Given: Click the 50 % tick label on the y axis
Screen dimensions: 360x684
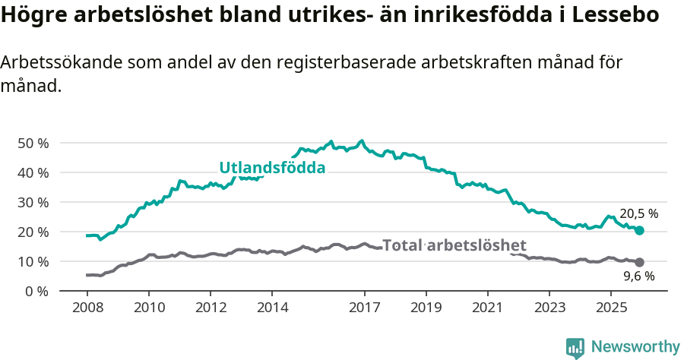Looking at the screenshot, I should pos(33,143).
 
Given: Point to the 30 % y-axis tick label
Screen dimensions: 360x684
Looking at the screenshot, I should pos(33,202).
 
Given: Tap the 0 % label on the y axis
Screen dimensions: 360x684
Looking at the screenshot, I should pos(36,291).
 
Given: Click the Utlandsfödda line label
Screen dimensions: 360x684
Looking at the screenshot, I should pos(272,168).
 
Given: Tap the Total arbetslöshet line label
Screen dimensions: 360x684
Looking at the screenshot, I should pos(454,245).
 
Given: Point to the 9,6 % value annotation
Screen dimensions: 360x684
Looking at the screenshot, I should pos(639,276).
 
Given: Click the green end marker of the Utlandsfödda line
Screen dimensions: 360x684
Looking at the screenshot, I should pos(639,230).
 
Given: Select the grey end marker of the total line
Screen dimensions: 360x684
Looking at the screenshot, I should pos(639,262).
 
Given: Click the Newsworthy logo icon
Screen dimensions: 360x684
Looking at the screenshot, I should pos(575,348).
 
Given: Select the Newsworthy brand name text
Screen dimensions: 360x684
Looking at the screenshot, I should pos(635,347).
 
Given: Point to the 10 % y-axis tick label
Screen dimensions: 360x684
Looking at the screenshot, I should pos(33,261).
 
